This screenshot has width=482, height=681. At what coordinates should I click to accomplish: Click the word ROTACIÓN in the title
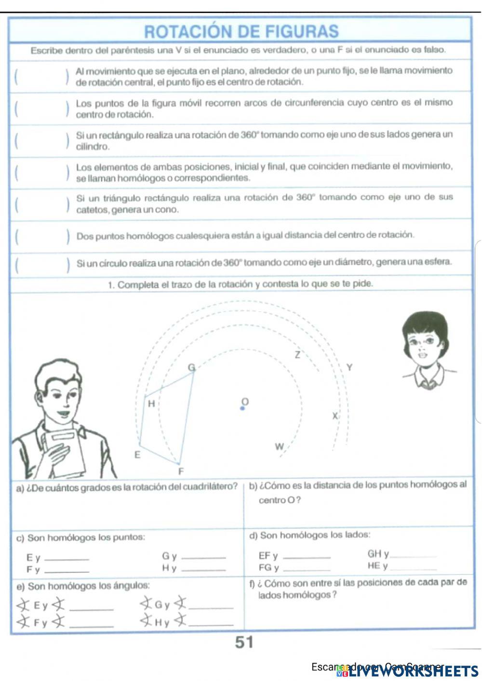[x=186, y=32]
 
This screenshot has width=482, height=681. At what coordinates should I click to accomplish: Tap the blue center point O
[x=242, y=408]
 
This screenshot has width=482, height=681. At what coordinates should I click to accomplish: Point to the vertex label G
[x=191, y=368]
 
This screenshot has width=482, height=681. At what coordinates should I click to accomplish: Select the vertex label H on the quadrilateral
[x=151, y=404]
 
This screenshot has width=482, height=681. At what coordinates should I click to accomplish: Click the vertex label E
[x=137, y=455]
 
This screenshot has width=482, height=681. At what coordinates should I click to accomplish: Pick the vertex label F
[x=181, y=471]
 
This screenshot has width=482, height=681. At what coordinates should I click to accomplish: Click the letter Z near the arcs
[x=297, y=355]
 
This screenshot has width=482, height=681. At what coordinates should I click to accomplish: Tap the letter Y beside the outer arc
[x=349, y=367]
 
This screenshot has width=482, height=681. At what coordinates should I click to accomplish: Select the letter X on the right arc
[x=335, y=416]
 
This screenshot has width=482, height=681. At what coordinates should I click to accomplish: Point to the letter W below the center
[x=279, y=447]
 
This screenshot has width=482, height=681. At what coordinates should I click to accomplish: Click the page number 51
[x=244, y=642]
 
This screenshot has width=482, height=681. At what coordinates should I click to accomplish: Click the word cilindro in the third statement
[x=93, y=147]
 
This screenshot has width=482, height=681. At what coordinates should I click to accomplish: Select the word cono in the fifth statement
[x=168, y=210]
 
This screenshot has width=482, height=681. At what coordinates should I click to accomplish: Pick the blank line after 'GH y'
[x=414, y=556]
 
